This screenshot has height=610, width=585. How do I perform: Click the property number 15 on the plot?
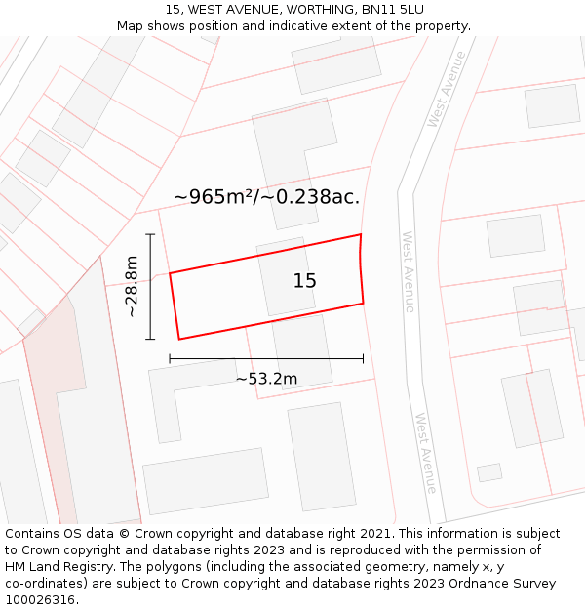[304, 281]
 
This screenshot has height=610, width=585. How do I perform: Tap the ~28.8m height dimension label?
[131, 287]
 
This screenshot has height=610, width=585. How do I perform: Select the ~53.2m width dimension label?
[266, 379]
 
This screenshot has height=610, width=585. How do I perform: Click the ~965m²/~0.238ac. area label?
[266, 197]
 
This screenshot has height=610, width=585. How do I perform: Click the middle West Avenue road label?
[409, 271]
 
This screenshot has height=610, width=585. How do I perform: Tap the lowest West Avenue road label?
[425, 452]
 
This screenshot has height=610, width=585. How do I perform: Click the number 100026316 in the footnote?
[42, 600]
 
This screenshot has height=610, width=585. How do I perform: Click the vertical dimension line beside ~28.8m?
[150, 287]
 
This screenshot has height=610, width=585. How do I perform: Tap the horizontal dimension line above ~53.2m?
[266, 359]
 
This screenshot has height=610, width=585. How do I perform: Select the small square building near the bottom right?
[489, 472]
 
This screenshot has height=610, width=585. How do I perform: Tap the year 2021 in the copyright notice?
[375, 534]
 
